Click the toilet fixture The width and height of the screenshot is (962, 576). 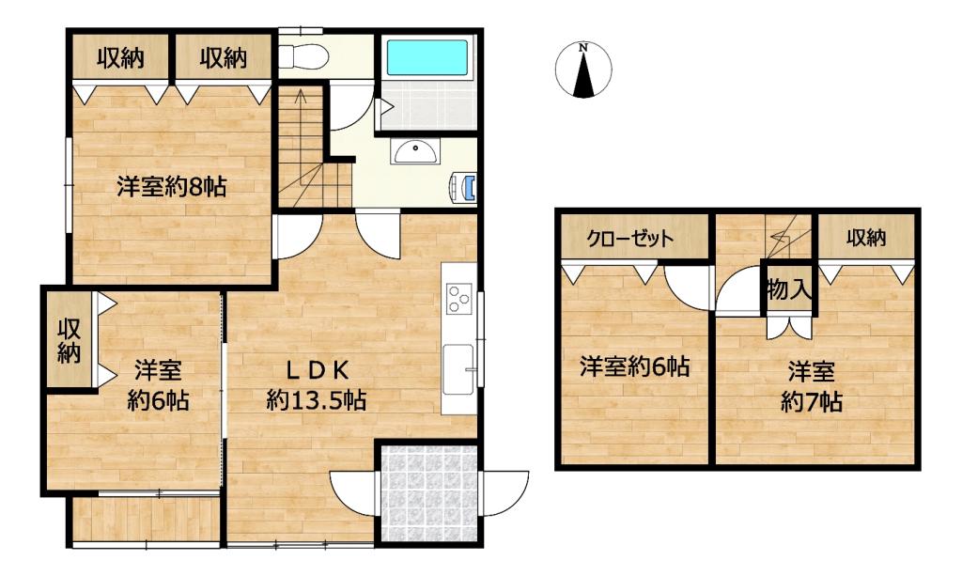click(303, 57)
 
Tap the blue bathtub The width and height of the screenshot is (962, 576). click(427, 57)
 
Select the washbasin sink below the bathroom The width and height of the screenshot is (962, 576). click(415, 151)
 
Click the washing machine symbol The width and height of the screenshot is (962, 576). click(463, 187)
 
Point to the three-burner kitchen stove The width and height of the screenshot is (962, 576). click(458, 299)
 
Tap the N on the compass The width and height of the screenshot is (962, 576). click(584, 47)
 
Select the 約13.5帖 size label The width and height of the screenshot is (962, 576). click(317, 400)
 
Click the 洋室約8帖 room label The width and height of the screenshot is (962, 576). click(172, 186)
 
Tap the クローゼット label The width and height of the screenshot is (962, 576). click(630, 238)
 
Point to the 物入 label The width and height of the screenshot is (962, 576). click(788, 288)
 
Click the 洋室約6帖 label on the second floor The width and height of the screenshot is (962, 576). click(635, 366)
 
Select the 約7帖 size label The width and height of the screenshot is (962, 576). click(811, 402)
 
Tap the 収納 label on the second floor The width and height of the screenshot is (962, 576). click(865, 238)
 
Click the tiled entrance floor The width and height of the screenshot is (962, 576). click(428, 494)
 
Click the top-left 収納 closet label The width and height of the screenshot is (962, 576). click(120, 57)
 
